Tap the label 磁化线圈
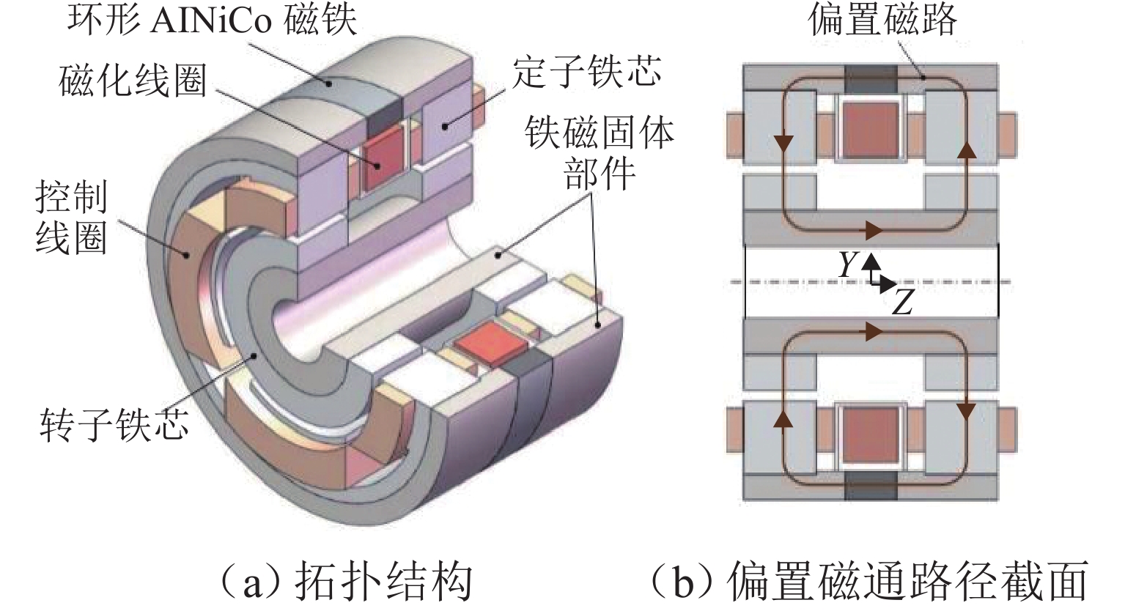pyautogui.click(x=133, y=80)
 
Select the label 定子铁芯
pyautogui.click(x=587, y=72)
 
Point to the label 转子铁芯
pyautogui.click(x=114, y=423)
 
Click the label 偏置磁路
pyautogui.click(x=882, y=19)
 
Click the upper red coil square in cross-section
pyautogui.click(x=871, y=130)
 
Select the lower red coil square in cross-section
pyautogui.click(x=871, y=435)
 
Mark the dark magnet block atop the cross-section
pyautogui.click(x=871, y=79)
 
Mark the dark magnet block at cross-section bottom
pyautogui.click(x=871, y=486)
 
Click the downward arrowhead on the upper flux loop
pyautogui.click(x=786, y=143)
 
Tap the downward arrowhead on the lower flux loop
pyautogui.click(x=967, y=412)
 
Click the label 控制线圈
pyautogui.click(x=71, y=218)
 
